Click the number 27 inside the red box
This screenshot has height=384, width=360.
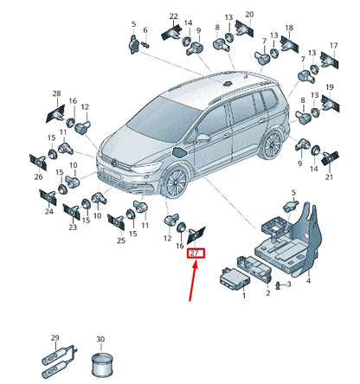pos(194,253)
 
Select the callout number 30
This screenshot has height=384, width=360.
pos(100,339)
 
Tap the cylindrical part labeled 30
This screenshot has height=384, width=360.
pos(100,364)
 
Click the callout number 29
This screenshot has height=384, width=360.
pos(55,337)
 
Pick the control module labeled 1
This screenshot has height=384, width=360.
pos(235,277)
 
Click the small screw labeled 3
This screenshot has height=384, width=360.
pos(278,285)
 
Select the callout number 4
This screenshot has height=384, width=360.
pos(308,280)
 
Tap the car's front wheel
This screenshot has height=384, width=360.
pos(176,182)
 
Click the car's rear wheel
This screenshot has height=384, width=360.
pos(272,144)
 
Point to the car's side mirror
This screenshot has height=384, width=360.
pos(203,138)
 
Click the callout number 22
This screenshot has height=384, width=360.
pos(174,16)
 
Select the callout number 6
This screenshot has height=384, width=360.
pos(145,30)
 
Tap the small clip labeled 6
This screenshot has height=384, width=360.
pos(145,45)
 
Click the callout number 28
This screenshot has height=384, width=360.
pos(56,93)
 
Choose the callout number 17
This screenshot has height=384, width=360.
pos(333,46)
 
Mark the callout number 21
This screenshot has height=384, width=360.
pos(329,177)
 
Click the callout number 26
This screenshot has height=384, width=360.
pos(38,176)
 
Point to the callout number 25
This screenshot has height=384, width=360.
pos(121,240)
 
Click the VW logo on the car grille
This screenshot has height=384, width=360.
pos(115,163)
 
